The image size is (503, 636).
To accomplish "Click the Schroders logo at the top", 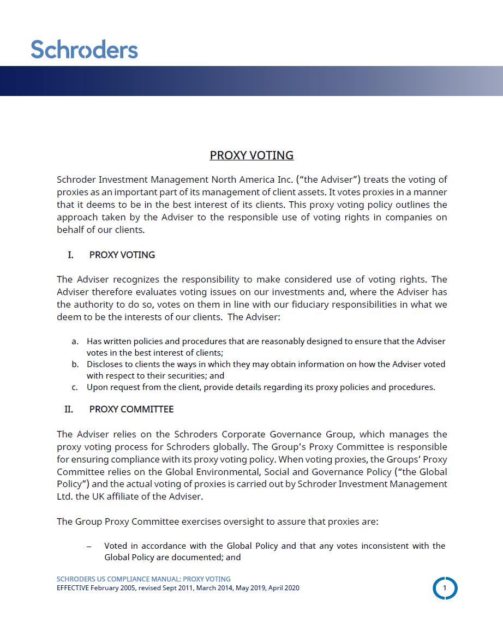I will tap(85, 49).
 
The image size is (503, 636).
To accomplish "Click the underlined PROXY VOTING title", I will tap(251, 155).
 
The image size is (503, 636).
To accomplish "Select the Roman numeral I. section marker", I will tap(70, 255).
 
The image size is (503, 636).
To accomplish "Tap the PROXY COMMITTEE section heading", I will tap(131, 409).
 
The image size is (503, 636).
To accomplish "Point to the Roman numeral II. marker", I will tap(69, 409).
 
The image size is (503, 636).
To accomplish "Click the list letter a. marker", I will tap(75, 341).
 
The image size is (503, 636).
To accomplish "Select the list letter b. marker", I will tap(75, 364).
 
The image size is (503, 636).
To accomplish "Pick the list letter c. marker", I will tap(75, 387).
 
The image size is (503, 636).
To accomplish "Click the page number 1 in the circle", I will tap(445, 588).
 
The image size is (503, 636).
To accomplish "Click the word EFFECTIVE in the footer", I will tap(73, 588).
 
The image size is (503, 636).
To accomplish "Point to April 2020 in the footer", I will tap(284, 588).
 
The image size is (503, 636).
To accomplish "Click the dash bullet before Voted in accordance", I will tap(89, 546).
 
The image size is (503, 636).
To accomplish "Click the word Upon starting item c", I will tap(97, 387).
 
